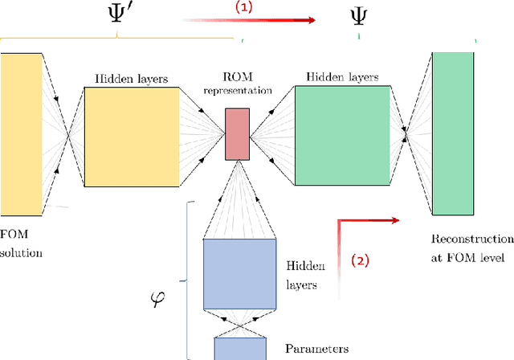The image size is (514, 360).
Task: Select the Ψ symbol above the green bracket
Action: [x=360, y=17]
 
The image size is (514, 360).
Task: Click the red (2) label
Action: [x=361, y=260]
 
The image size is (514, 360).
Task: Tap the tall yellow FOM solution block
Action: [x=20, y=134]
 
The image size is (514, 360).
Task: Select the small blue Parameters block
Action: [x=240, y=348]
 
